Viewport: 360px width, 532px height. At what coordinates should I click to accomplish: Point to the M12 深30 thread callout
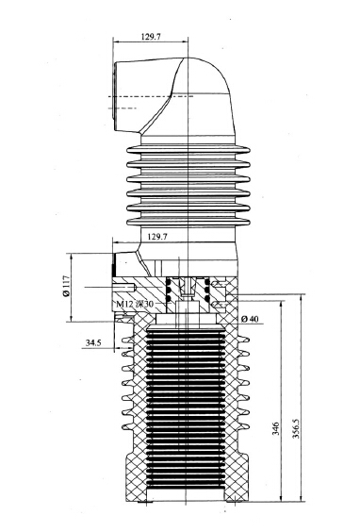(x=134, y=304)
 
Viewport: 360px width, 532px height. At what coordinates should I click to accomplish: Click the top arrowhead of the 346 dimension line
(x=282, y=304)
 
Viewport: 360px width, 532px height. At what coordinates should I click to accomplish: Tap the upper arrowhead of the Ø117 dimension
(x=71, y=256)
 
